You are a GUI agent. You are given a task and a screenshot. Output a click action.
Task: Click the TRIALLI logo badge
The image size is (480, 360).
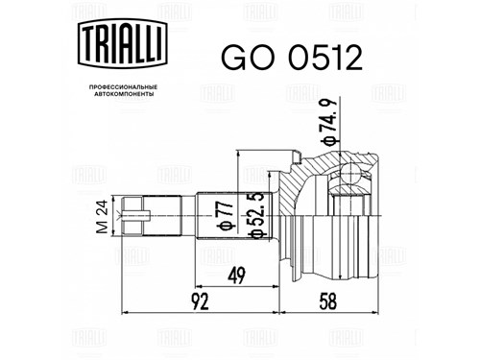coord(123,43)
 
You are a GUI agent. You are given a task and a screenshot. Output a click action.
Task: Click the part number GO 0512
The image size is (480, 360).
coord(292,58)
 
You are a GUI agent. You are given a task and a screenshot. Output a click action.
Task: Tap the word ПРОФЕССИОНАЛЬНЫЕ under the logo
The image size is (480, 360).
coord(123,87)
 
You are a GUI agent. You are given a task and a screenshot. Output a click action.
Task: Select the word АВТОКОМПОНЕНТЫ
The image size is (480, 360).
coord(124,94)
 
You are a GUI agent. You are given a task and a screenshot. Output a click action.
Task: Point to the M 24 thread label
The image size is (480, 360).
coord(103,217)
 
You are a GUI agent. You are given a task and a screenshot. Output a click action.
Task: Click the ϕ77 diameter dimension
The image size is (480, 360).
coord(225,216)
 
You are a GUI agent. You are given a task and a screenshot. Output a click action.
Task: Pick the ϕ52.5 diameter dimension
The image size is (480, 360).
coord(257,215)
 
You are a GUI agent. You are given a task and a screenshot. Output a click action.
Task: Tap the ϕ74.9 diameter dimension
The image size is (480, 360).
coord(328,122)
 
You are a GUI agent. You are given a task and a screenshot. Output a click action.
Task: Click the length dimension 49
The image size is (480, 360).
coord(236,275)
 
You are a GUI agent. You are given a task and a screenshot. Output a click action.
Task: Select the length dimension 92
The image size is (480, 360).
coord(200,301)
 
